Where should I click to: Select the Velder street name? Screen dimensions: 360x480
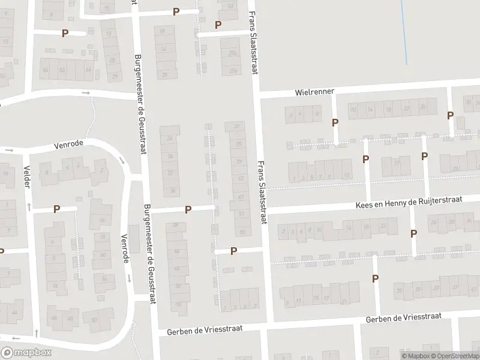pos(26,177)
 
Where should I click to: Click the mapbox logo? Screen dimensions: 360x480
pos(26,353)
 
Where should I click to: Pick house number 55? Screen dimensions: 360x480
pos(242,231)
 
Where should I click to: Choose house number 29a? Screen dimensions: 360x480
pos(232,71)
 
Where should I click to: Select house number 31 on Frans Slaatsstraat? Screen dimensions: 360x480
pos(237,126)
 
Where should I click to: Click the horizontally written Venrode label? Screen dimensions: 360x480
pos(68,144)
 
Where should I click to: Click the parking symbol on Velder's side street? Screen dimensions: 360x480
pos(57,209)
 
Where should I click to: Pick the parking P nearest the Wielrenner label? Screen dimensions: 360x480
pos(335,122)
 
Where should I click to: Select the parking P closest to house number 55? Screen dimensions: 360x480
pos(233,251)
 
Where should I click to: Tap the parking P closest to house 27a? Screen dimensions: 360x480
pos(218,25)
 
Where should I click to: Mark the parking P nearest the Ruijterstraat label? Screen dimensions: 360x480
pos(413,234)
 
